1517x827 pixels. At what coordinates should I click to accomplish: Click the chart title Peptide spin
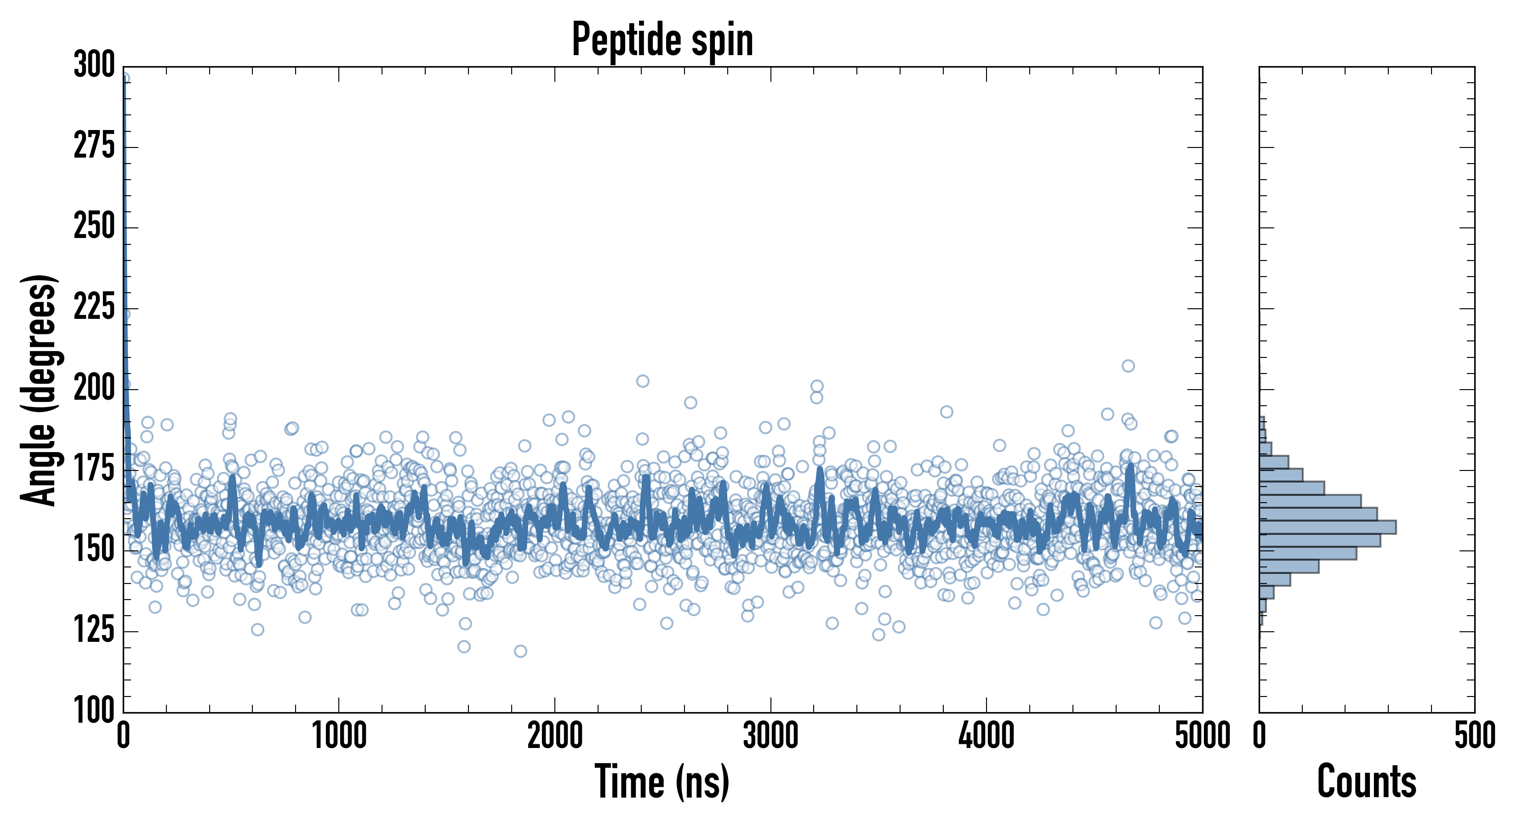(662, 40)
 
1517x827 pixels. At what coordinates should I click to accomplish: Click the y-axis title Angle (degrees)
(39, 390)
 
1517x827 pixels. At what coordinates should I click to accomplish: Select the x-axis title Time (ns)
(662, 782)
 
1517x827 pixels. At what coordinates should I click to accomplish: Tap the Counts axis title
(1366, 782)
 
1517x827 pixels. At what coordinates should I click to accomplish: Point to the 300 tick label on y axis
(94, 65)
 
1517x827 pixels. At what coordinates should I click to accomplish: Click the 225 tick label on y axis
(94, 307)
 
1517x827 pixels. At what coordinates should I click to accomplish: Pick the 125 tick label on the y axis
(94, 630)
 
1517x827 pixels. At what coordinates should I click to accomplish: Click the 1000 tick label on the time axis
(339, 736)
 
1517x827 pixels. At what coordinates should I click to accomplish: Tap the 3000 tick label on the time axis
(770, 736)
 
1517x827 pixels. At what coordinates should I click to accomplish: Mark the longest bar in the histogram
(1328, 527)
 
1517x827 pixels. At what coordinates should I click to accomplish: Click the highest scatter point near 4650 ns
(1128, 366)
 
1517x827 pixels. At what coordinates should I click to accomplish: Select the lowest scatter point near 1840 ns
(520, 651)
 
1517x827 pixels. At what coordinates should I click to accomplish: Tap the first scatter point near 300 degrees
(124, 78)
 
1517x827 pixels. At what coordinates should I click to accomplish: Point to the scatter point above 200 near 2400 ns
(643, 381)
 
